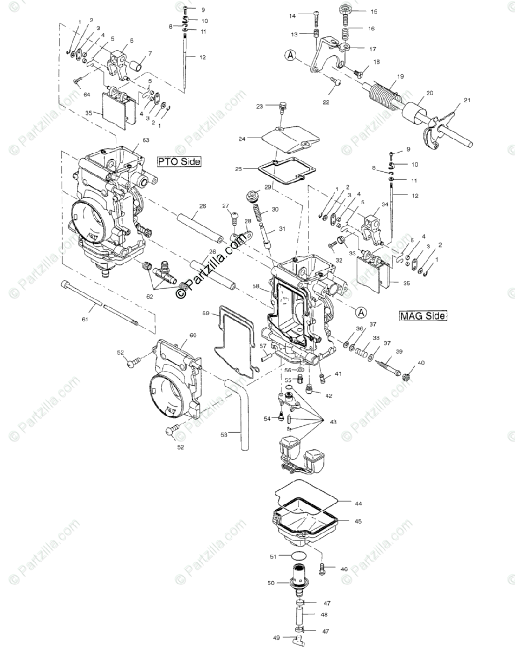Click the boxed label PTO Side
pyautogui.click(x=179, y=161)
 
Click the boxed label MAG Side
pyautogui.click(x=423, y=315)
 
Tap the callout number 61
pyautogui.click(x=84, y=320)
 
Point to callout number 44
pyautogui.click(x=358, y=504)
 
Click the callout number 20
pyautogui.click(x=429, y=93)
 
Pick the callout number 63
pyautogui.click(x=145, y=140)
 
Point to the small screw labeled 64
pyautogui.click(x=77, y=80)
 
